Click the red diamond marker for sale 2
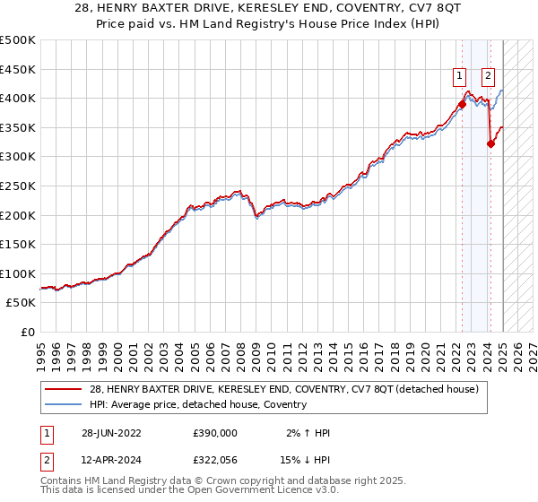pos(490,143)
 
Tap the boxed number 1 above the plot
pos(459,76)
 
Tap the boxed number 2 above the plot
pos(489,76)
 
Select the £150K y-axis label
pos(19,244)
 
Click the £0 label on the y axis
pos(28,332)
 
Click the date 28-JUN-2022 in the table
pos(107,433)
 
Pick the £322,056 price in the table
pos(214,459)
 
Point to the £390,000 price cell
pos(214,433)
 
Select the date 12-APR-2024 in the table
pos(107,459)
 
